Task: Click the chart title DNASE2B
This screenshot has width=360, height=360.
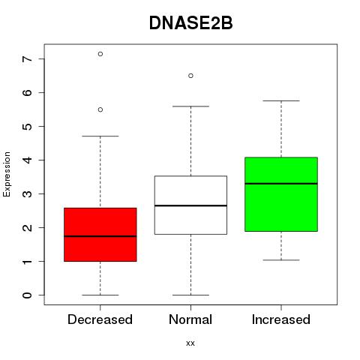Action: click(x=190, y=23)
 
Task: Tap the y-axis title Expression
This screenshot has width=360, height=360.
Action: click(x=7, y=174)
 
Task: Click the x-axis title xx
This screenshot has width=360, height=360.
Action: click(x=190, y=343)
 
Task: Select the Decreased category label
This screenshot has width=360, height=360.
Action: click(x=100, y=319)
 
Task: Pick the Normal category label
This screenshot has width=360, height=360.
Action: click(x=190, y=319)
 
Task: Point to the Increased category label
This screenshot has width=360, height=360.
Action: click(x=281, y=319)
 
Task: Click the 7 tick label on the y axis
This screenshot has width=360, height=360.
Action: click(x=27, y=59)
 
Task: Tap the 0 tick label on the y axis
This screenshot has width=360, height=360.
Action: click(x=27, y=295)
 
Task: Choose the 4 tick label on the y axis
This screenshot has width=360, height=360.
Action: click(x=27, y=160)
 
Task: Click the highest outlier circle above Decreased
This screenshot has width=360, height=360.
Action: click(x=100, y=54)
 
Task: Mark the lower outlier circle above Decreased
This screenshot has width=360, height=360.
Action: click(x=100, y=109)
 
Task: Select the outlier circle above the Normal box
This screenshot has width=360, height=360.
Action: click(x=190, y=76)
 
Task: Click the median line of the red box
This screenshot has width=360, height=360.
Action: click(x=100, y=236)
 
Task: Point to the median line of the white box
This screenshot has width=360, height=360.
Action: click(x=190, y=205)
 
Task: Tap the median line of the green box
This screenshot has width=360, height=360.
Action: click(x=281, y=184)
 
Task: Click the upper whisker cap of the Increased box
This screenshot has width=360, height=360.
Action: click(x=281, y=100)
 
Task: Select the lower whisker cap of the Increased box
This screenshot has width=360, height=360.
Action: click(x=281, y=260)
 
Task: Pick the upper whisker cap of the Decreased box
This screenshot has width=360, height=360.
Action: click(x=100, y=136)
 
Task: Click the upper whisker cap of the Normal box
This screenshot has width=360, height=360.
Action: click(x=190, y=106)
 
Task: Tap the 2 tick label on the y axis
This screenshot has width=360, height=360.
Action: click(x=27, y=228)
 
